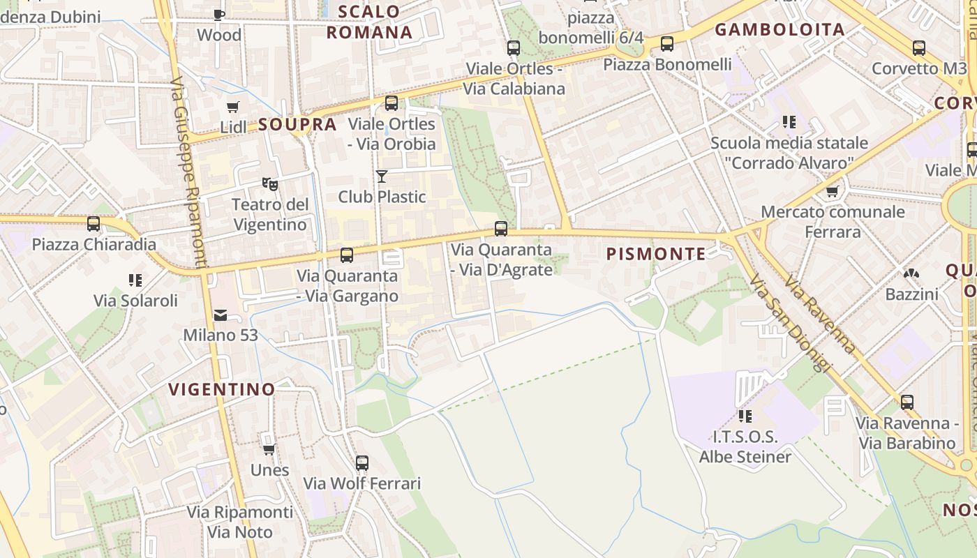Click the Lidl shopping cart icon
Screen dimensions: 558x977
click(x=232, y=107)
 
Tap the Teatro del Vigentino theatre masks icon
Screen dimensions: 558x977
click(x=270, y=184)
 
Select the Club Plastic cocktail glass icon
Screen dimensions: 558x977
click(x=381, y=176)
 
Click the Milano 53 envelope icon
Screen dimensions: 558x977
click(x=221, y=315)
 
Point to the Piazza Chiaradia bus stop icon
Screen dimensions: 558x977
click(x=94, y=224)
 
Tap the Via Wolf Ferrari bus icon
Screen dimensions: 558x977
click(x=361, y=462)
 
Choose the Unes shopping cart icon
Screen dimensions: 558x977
click(x=269, y=449)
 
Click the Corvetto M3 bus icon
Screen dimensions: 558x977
click(x=919, y=48)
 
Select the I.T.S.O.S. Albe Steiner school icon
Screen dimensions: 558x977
click(x=745, y=416)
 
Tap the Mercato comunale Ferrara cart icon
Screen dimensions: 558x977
click(x=831, y=191)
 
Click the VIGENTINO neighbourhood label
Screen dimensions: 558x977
click(x=222, y=389)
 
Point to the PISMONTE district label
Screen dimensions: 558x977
click(x=656, y=254)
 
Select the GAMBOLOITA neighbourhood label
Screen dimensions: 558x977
click(x=780, y=29)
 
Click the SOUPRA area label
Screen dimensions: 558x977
click(x=297, y=125)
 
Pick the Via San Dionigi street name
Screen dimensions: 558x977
click(x=791, y=322)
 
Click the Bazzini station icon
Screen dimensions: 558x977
click(x=911, y=273)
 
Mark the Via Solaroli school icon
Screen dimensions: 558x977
click(x=135, y=280)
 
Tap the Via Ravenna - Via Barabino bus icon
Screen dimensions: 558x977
click(x=907, y=402)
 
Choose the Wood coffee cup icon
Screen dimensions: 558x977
click(x=219, y=15)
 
